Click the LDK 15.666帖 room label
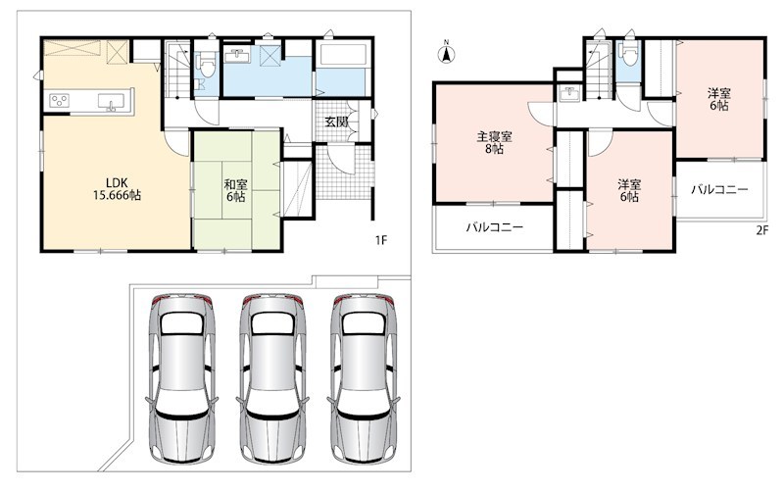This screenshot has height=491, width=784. click(117, 188)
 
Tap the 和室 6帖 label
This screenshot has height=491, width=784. click(235, 190)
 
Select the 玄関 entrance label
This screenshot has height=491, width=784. click(336, 122)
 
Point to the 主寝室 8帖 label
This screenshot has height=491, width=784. click(494, 142)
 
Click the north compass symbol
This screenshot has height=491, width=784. click(447, 53)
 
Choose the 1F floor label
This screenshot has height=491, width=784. click(381, 240)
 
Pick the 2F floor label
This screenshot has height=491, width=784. click(761, 230)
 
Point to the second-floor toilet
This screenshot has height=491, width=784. click(628, 54)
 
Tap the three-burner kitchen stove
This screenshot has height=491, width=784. click(60, 101)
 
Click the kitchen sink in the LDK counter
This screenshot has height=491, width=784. click(110, 102)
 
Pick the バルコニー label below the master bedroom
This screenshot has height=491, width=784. click(495, 227)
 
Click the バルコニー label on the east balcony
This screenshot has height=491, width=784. click(719, 189)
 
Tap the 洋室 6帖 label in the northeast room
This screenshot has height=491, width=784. click(719, 99)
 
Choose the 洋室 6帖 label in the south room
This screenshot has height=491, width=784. click(629, 190)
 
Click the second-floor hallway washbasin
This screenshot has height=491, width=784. click(569, 94)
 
